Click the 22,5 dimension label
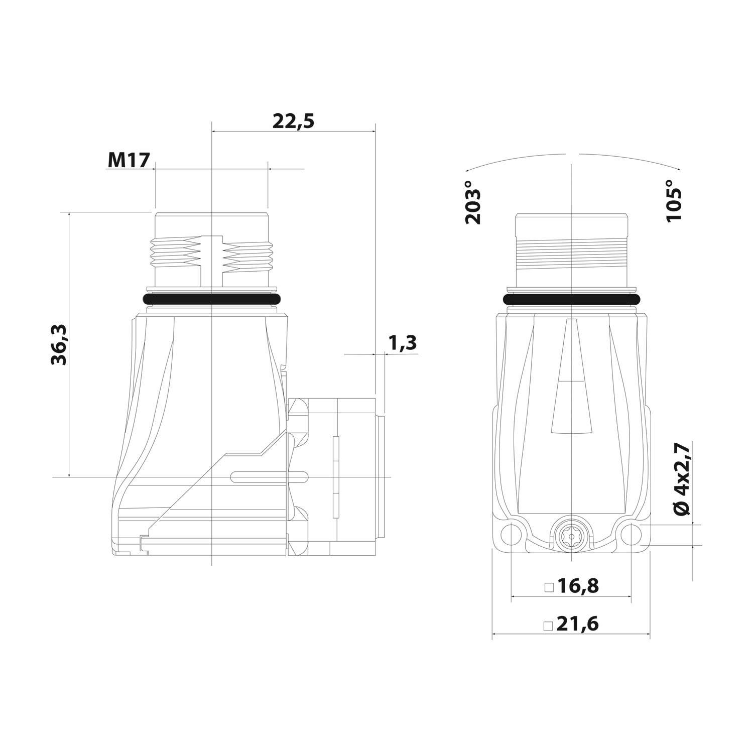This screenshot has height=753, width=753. [x=293, y=121]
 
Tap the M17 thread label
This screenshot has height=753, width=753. [x=129, y=161]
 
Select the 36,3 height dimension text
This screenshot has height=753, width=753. [x=59, y=344]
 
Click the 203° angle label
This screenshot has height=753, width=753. [x=472, y=202]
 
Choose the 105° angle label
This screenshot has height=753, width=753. [x=674, y=202]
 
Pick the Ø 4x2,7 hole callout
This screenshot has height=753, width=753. [x=683, y=479]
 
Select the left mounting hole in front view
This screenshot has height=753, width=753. [x=511, y=535]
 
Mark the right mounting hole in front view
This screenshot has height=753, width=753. [x=631, y=535]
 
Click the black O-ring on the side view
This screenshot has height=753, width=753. [x=210, y=300]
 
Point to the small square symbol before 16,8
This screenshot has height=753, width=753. [x=549, y=587]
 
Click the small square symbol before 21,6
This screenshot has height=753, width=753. [x=548, y=625]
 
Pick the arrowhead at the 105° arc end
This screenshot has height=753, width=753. [x=678, y=169]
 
